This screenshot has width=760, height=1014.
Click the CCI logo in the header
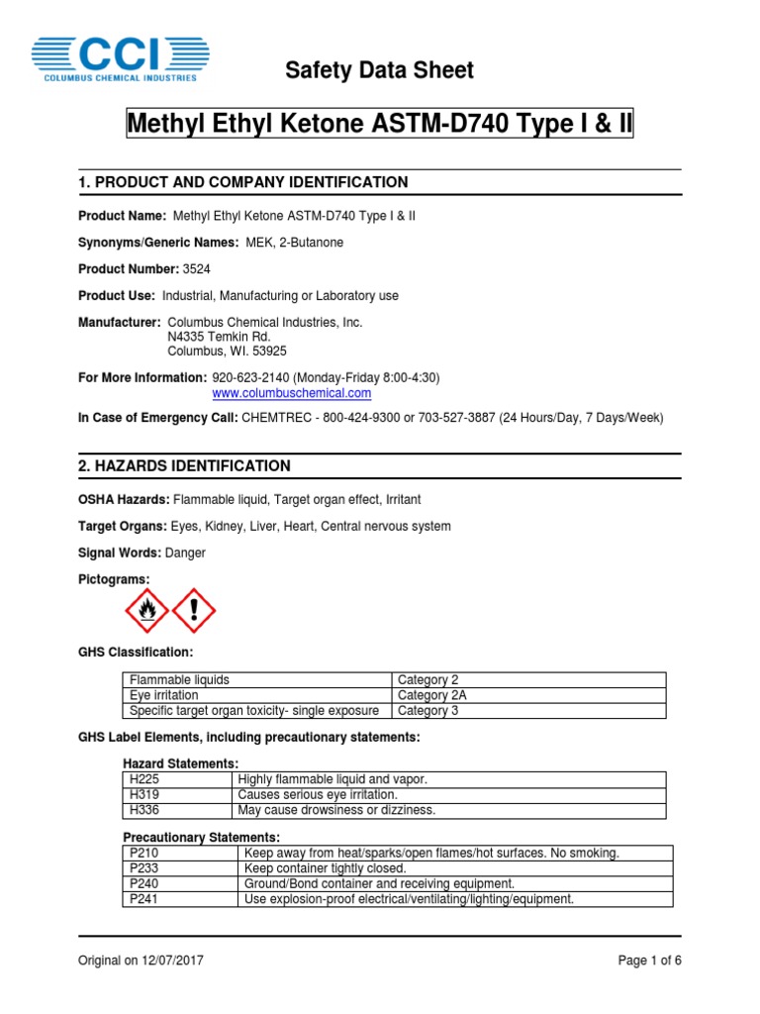tap(120, 57)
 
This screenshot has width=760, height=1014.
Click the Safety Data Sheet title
tap(379, 70)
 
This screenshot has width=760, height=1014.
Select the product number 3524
tap(196, 269)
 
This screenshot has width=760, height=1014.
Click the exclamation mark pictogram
tap(194, 610)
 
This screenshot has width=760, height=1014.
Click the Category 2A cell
tap(528, 695)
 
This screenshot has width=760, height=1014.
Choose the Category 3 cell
tap(528, 711)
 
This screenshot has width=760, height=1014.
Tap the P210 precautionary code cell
tap(181, 853)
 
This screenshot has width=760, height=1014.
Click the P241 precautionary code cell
tap(181, 899)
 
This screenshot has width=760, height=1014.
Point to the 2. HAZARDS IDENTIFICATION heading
tap(184, 465)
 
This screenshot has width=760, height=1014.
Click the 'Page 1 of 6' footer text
tap(649, 961)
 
